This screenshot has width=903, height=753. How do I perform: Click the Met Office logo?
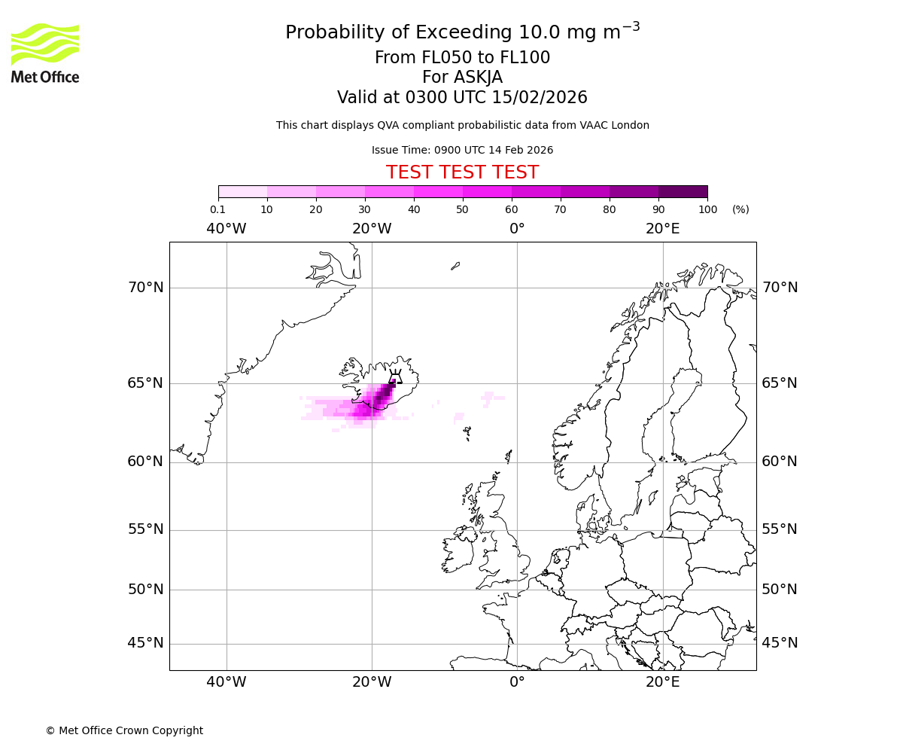[x=45, y=53]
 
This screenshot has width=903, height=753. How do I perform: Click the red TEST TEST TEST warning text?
[x=462, y=172]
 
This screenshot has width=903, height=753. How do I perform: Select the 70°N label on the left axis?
[x=145, y=288]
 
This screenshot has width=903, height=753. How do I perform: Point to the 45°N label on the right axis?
[x=780, y=643]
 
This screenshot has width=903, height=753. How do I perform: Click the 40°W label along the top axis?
[x=226, y=229]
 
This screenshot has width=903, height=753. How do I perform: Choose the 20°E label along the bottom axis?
[x=662, y=682]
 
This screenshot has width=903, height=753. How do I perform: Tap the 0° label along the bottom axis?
[x=517, y=682]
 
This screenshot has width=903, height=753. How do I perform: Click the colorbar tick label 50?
[x=462, y=209]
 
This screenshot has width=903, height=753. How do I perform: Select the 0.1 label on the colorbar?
[x=218, y=209]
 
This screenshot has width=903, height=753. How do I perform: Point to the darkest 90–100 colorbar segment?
[x=683, y=191]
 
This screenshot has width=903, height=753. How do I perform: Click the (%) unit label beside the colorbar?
[x=740, y=209]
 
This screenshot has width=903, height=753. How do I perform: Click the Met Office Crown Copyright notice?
[x=124, y=730]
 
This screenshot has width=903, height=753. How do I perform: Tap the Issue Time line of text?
[x=462, y=150]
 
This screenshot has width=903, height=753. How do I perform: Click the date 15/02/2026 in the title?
[x=540, y=98]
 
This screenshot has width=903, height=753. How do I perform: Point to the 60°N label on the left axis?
[x=145, y=462]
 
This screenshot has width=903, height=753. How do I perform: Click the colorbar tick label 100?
[x=707, y=209]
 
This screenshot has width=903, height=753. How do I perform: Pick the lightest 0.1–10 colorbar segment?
[x=242, y=191]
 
